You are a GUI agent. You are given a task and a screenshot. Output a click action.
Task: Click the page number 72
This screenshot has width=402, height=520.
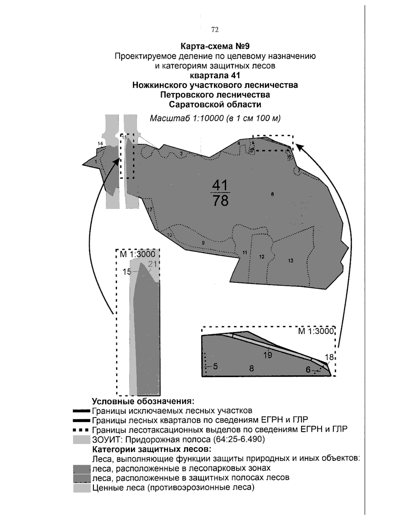click(x=215, y=30)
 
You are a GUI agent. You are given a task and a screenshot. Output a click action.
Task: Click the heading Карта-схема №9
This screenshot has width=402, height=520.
click(x=215, y=46)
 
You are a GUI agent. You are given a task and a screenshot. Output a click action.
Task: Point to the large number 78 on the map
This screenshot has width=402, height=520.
click(x=220, y=201)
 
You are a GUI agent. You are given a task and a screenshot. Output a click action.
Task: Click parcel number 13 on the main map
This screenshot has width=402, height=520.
click(x=290, y=261)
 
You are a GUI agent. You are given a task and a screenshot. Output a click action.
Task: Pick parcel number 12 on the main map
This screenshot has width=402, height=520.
click(x=262, y=257)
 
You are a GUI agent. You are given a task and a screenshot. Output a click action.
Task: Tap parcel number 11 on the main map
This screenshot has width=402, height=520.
click(x=245, y=252)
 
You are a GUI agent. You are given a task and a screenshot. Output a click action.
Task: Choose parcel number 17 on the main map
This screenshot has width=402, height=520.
click(x=150, y=210)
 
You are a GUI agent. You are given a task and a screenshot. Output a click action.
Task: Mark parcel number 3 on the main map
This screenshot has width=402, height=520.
click(x=181, y=153)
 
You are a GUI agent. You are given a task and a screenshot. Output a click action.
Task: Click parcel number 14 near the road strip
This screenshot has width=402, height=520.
click(x=100, y=144)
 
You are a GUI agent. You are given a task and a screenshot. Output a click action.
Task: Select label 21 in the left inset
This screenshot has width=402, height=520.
click(x=153, y=265)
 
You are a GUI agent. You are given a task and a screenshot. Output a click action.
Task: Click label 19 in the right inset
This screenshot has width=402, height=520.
click(x=267, y=356)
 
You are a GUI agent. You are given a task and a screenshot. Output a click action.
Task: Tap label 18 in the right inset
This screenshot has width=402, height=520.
click(x=329, y=357)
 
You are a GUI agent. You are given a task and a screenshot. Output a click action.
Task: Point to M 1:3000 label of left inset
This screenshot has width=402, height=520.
click(x=137, y=254)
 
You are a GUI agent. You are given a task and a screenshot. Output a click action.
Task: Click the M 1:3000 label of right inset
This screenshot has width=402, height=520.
click(x=316, y=331)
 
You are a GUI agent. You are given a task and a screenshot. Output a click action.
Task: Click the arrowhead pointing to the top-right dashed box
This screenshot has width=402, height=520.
click(x=299, y=147)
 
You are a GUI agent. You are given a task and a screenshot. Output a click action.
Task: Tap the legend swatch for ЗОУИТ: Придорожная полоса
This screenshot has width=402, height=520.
click(x=82, y=439)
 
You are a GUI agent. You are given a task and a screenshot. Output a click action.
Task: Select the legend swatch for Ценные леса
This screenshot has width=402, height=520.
click(x=82, y=488)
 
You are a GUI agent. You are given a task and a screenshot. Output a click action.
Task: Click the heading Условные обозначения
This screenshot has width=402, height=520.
click(x=143, y=401)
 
